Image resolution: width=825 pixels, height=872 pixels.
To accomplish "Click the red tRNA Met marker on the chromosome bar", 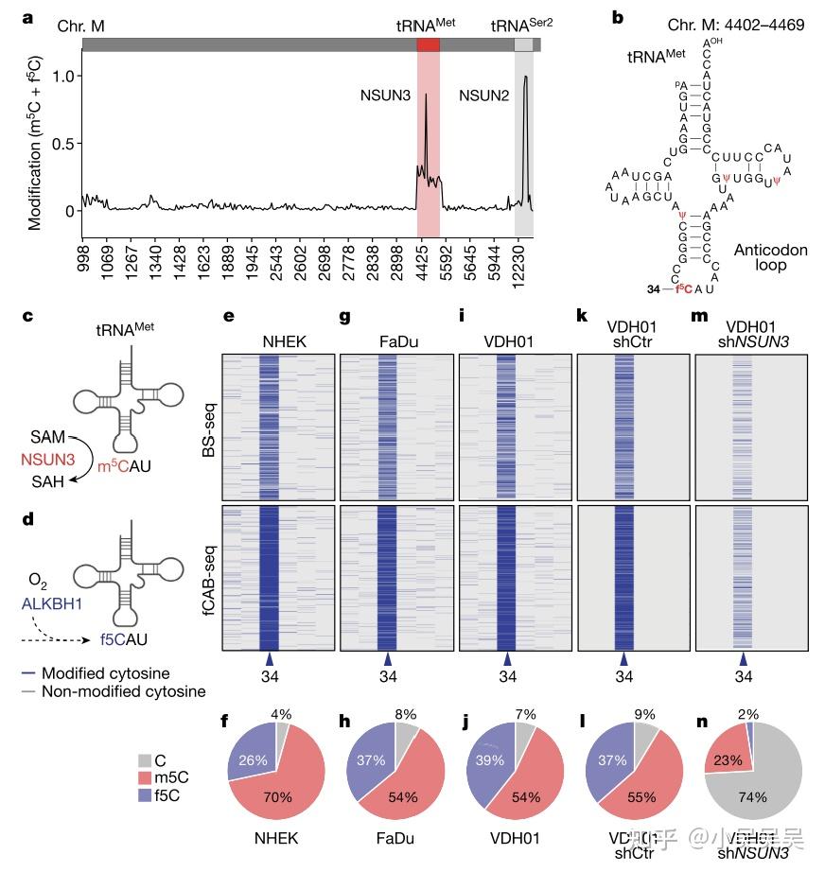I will point(428,44).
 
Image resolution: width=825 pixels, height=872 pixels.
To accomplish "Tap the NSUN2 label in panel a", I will point(486,96).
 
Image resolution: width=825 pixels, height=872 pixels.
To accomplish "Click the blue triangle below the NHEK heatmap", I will point(270,658).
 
